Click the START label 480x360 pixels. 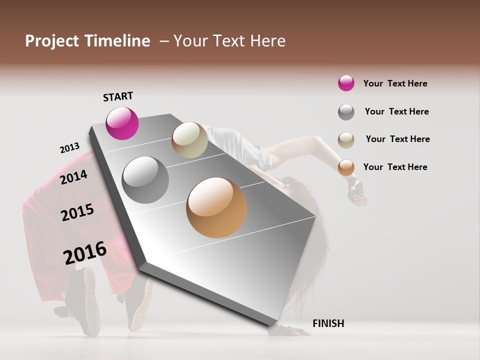coord(118,96)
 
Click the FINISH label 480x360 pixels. coord(328,323)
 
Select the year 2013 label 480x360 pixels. coord(69,148)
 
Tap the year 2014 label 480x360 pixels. coord(74,177)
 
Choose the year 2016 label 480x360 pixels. coord(85,253)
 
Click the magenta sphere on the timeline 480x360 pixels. coord(122,123)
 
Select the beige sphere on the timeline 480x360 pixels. coord(189,140)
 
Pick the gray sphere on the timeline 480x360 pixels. coord(145,179)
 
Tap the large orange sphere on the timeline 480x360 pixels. coord(216,207)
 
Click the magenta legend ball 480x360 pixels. coord(346,83)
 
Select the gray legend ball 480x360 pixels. coord(346,112)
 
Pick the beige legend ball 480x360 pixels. coord(346,140)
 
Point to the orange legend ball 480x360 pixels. coord(346,168)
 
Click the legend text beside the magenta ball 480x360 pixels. coord(395,83)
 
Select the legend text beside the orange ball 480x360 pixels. coord(395,167)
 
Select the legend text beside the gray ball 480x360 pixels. coord(396,111)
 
